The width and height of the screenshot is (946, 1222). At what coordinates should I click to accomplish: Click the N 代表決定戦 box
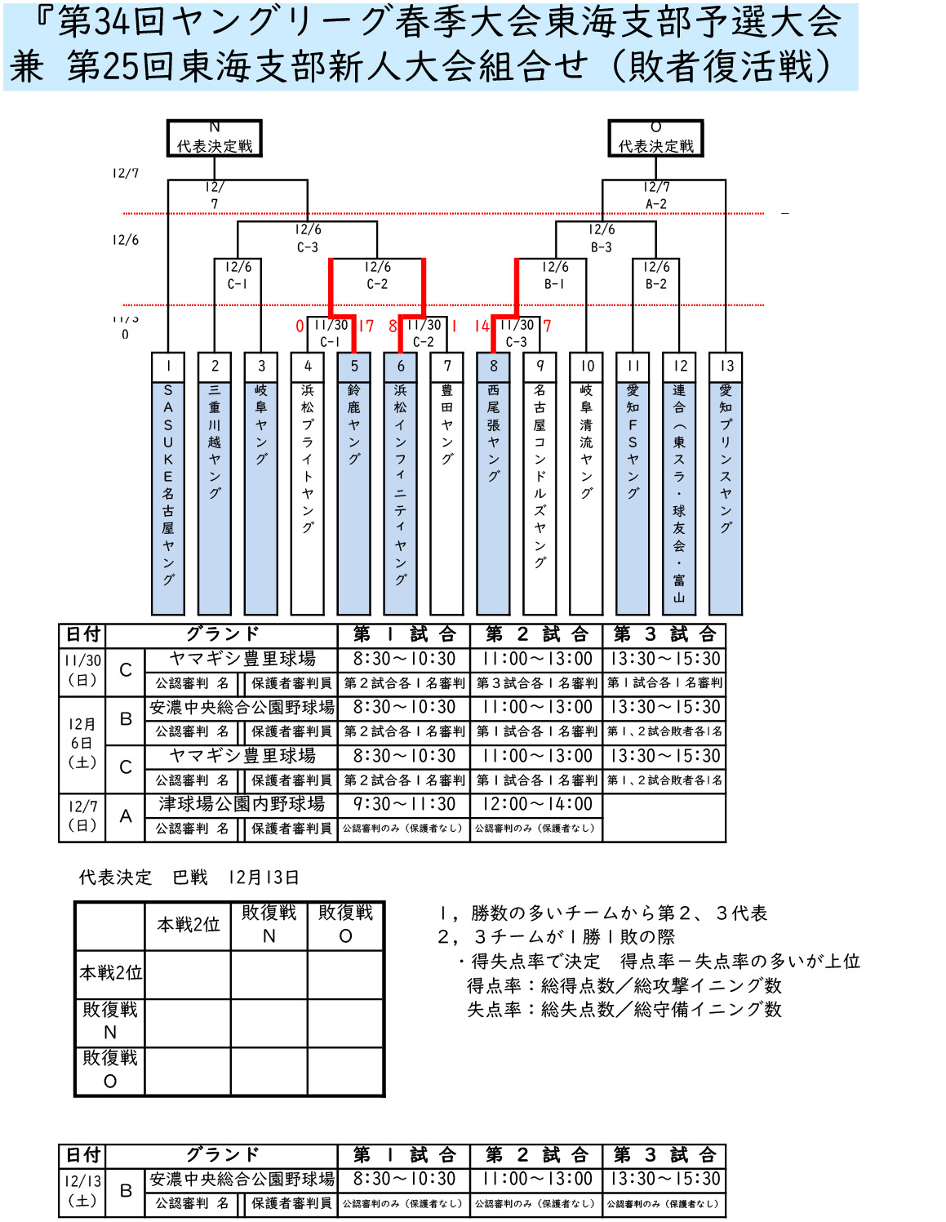pos(214,138)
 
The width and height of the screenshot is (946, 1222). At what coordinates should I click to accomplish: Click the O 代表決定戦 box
pos(655,138)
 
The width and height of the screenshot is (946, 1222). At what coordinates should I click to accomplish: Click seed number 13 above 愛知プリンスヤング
pos(726,367)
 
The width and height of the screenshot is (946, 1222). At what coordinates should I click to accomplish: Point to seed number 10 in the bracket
pos(587,367)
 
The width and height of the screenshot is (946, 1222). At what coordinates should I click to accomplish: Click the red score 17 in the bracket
pos(366,327)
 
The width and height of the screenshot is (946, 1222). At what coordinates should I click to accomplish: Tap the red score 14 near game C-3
pos(482,327)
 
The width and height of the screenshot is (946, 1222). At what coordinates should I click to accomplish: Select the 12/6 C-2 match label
pos(377,276)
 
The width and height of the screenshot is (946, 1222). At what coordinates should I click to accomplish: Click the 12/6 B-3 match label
pos(602,238)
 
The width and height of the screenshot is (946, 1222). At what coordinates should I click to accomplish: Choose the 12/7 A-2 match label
pos(656,196)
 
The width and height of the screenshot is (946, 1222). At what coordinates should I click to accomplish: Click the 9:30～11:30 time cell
pos(404,805)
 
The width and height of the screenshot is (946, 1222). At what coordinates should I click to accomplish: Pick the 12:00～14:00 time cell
pos(537,805)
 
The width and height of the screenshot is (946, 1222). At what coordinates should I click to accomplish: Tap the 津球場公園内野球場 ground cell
pos(242,805)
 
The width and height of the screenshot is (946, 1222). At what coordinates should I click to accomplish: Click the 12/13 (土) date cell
pos(83,1191)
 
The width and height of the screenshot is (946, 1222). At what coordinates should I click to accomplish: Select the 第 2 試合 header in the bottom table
pos(537,1155)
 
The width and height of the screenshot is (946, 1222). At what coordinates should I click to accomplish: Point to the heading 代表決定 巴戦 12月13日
pos(189,878)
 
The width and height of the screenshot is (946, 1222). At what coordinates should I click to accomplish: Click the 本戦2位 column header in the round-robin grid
pos(189,925)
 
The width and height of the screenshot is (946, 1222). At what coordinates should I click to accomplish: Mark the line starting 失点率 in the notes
pos(624,1010)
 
